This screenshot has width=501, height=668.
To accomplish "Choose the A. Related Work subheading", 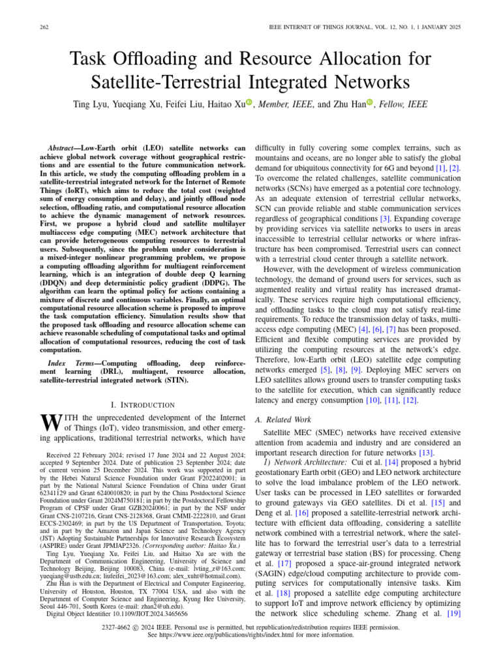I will (284, 420).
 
